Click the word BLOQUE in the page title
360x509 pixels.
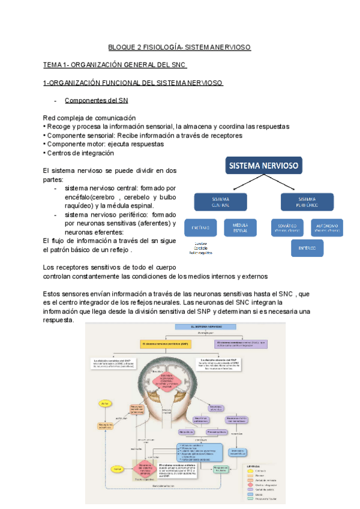point(120,46)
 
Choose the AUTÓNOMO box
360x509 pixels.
point(327,227)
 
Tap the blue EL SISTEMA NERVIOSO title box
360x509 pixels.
point(199,327)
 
